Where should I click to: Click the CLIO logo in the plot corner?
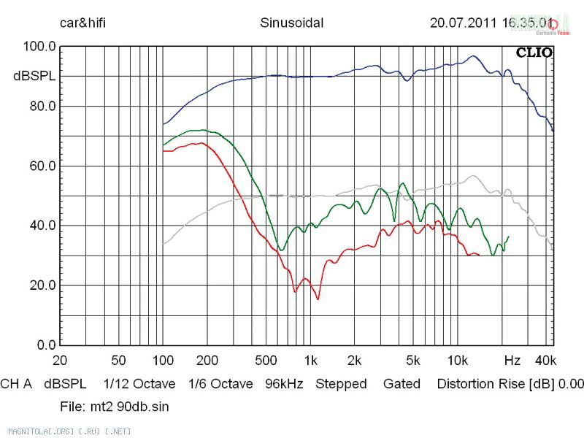534,53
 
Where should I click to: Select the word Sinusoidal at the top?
291,23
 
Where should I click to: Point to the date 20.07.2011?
462,23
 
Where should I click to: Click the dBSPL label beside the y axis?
36,76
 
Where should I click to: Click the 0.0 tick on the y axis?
45,345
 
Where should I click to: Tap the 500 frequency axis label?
267,361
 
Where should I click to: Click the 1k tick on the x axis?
310,361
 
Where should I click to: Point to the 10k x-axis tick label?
457,361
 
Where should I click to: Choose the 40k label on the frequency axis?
546,361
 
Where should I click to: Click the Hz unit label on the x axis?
512,361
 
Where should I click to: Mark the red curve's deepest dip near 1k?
318,299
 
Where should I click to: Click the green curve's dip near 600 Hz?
281,250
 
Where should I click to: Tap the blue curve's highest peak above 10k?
473,56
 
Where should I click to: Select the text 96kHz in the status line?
284,384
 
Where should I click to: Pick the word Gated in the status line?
401,384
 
